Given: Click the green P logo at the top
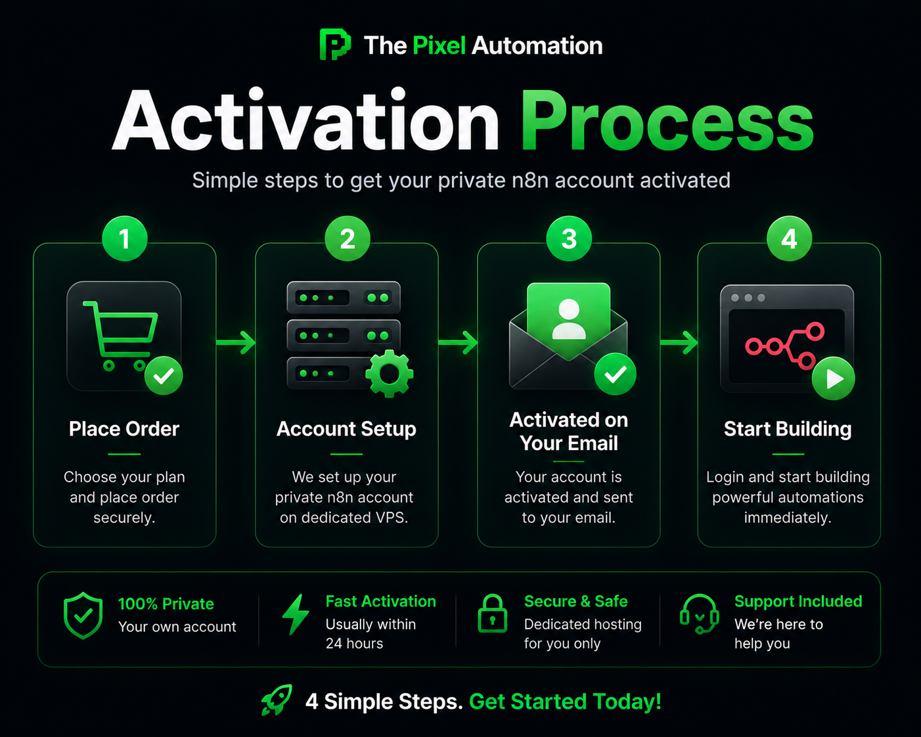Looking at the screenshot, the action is point(335,44).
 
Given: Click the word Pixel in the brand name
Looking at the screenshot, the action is point(439,45).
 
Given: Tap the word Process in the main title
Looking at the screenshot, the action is point(667,122).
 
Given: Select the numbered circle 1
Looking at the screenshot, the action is point(125,238).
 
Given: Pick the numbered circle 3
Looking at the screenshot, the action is point(569,238).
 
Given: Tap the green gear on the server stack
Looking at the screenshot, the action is point(389,374).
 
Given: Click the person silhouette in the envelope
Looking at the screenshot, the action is point(569,319).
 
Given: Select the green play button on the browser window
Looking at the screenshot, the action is point(833,378).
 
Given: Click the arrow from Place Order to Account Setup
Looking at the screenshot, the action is point(236,342).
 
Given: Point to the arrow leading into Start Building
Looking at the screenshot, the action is point(679,342).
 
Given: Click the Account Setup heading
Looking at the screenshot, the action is point(346,429).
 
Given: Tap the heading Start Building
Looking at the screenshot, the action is point(788,429).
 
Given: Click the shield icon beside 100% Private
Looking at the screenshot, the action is point(83,615).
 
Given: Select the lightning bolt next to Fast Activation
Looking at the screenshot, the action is point(296,614).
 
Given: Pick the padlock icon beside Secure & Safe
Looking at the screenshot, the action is point(492,614).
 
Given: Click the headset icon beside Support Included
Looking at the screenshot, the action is point(700,614).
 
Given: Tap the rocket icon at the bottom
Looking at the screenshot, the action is point(277,700).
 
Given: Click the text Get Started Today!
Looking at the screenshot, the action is point(566,702).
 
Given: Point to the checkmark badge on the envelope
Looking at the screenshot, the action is point(615,374).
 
